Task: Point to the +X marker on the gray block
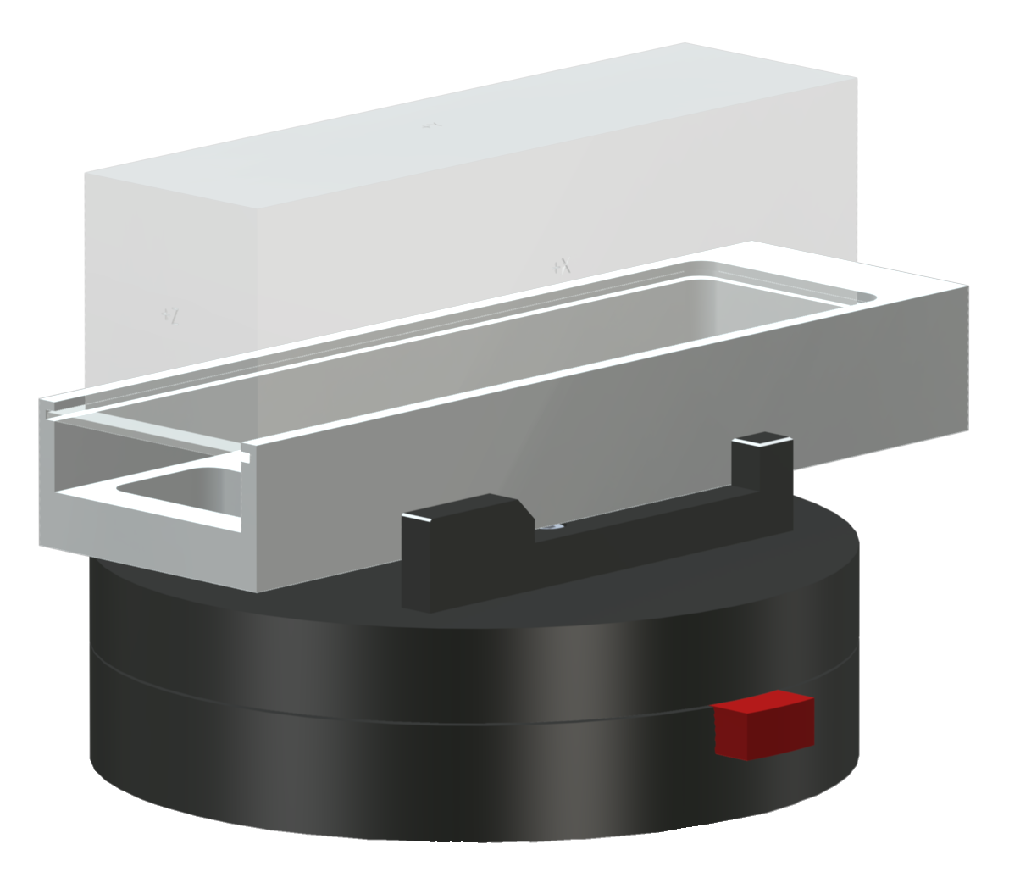pos(562,267)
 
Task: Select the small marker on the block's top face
pos(431,125)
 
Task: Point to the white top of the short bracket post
pos(762,439)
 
